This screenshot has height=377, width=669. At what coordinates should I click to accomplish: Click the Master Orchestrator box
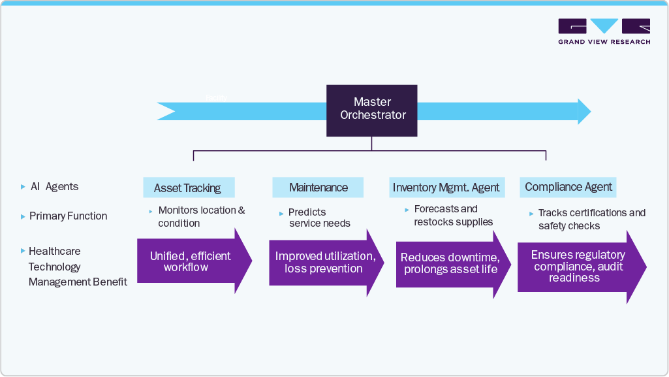click(x=372, y=110)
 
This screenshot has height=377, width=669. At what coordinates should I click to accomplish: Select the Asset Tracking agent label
click(x=188, y=188)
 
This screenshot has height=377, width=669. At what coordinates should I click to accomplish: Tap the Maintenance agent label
click(x=319, y=188)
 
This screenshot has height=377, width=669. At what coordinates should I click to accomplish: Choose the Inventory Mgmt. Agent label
click(x=446, y=188)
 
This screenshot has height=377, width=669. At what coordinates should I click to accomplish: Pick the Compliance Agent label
click(x=568, y=187)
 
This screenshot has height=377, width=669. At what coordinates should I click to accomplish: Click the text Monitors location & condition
click(x=201, y=217)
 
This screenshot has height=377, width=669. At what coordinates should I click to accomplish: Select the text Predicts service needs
click(x=319, y=218)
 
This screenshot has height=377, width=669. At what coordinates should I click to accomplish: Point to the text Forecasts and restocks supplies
click(x=453, y=216)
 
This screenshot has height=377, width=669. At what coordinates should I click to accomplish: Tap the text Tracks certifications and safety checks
click(x=591, y=220)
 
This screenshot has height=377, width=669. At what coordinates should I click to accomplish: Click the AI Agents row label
click(x=54, y=187)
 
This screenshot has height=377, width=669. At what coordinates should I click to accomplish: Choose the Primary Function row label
click(x=68, y=216)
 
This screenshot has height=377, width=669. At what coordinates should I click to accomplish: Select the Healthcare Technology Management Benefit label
click(x=77, y=267)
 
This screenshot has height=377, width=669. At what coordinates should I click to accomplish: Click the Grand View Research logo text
click(x=604, y=42)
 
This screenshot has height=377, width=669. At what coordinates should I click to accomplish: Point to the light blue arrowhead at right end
click(x=583, y=112)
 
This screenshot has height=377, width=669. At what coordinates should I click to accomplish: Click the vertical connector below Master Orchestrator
click(x=371, y=143)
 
